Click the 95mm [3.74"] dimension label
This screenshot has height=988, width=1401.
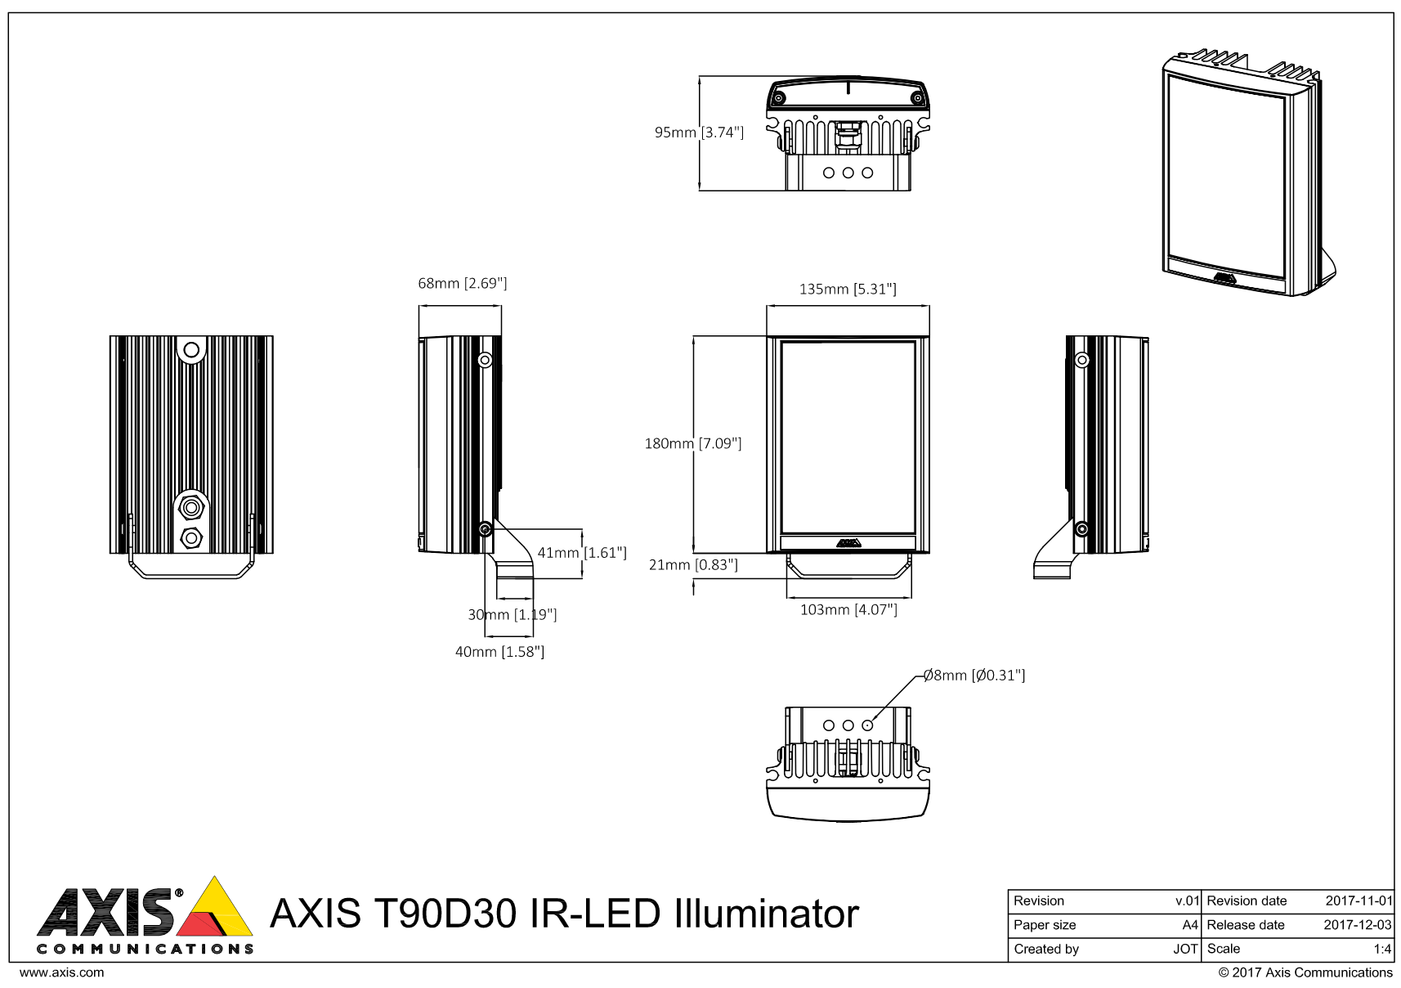pos(699,132)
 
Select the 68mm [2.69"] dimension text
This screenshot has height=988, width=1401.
pos(462,284)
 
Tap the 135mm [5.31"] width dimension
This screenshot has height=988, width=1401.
pos(848,290)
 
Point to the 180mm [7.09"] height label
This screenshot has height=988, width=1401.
pos(693,444)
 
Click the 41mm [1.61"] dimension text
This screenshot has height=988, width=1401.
pos(582,553)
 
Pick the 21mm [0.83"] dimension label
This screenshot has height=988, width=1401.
pos(693,565)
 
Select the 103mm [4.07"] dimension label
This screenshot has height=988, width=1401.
pos(848,610)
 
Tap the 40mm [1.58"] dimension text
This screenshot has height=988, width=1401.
pos(499,652)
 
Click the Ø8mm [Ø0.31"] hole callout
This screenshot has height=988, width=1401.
pos(974,676)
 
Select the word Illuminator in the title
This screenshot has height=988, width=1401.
pos(766,914)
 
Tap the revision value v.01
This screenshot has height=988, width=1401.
pos(1186,901)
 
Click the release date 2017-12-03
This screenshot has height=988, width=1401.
pos(1357,925)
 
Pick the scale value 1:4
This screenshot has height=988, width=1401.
pos(1381,950)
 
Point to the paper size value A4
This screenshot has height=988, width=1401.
pos(1189,925)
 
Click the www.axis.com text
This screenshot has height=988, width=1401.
pos(61,972)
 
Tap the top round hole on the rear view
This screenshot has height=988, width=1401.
pos(191,351)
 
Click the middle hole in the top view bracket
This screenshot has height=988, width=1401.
pos(848,173)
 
